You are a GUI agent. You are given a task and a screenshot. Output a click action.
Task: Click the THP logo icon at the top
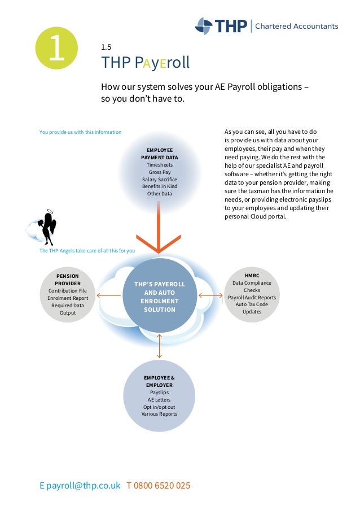[x=204, y=25]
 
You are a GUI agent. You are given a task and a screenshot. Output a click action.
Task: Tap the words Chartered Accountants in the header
[x=297, y=26]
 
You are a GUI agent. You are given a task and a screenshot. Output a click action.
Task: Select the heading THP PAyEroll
[x=145, y=62]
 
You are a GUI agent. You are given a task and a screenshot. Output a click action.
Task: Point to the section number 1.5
[x=106, y=47]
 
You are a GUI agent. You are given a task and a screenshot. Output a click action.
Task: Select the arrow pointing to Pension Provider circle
[x=109, y=295]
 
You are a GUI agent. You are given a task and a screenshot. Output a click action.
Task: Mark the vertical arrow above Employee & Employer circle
[x=159, y=346]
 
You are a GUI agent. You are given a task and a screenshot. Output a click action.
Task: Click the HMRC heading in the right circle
[x=252, y=275]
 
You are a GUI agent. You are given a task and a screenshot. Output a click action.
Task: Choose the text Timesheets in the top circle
[x=160, y=164]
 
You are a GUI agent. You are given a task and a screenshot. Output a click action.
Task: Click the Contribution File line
[x=67, y=290]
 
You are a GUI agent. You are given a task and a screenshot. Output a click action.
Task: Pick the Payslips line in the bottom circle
[x=159, y=392]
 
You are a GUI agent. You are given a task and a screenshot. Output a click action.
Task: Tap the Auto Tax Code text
[x=252, y=304]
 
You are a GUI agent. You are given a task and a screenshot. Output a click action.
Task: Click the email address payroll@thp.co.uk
[x=84, y=485]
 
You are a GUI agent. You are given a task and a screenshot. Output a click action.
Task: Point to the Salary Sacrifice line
[x=160, y=179]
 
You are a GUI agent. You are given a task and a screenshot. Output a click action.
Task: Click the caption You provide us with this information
[x=80, y=132]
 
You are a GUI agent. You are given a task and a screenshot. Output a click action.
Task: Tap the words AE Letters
[x=159, y=399]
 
